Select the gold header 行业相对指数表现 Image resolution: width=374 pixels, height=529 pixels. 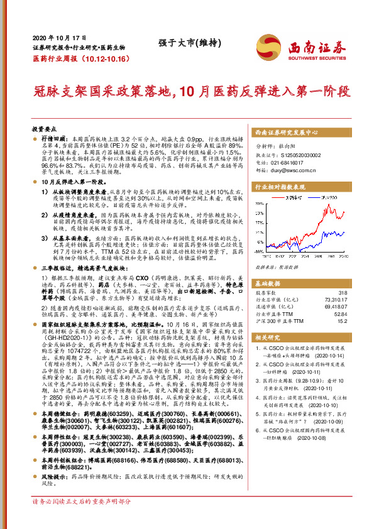coord(280,187)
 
